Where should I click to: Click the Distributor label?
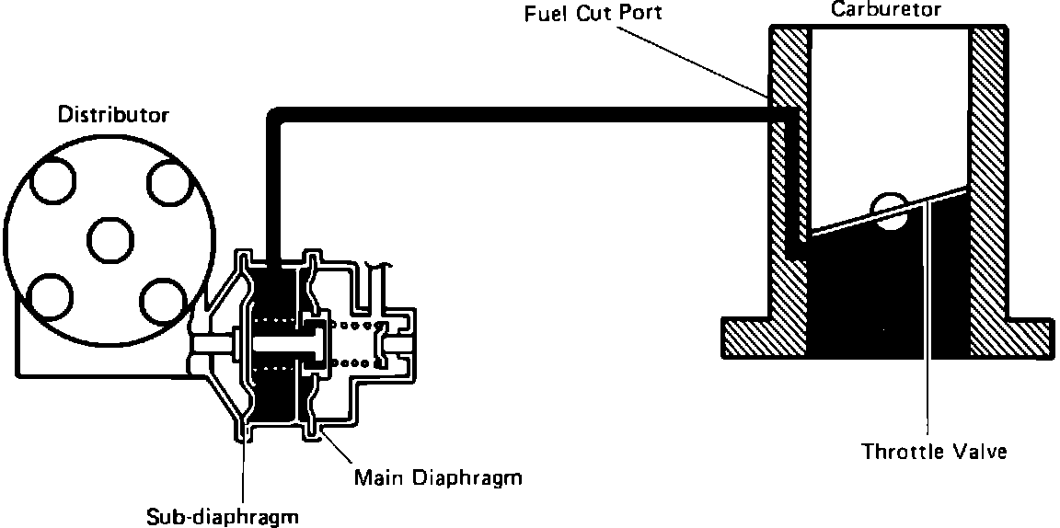pyautogui.click(x=114, y=115)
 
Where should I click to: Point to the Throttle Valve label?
pyautogui.click(x=934, y=452)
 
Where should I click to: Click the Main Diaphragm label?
pyautogui.click(x=438, y=478)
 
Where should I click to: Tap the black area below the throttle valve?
pyautogui.click(x=888, y=294)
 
